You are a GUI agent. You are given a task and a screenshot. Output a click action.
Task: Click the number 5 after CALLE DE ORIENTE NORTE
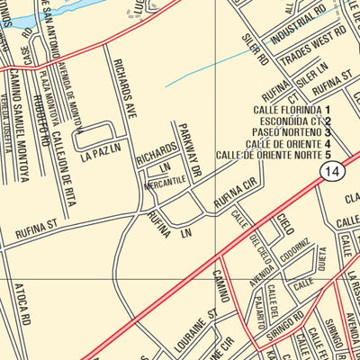[x=328, y=155]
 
